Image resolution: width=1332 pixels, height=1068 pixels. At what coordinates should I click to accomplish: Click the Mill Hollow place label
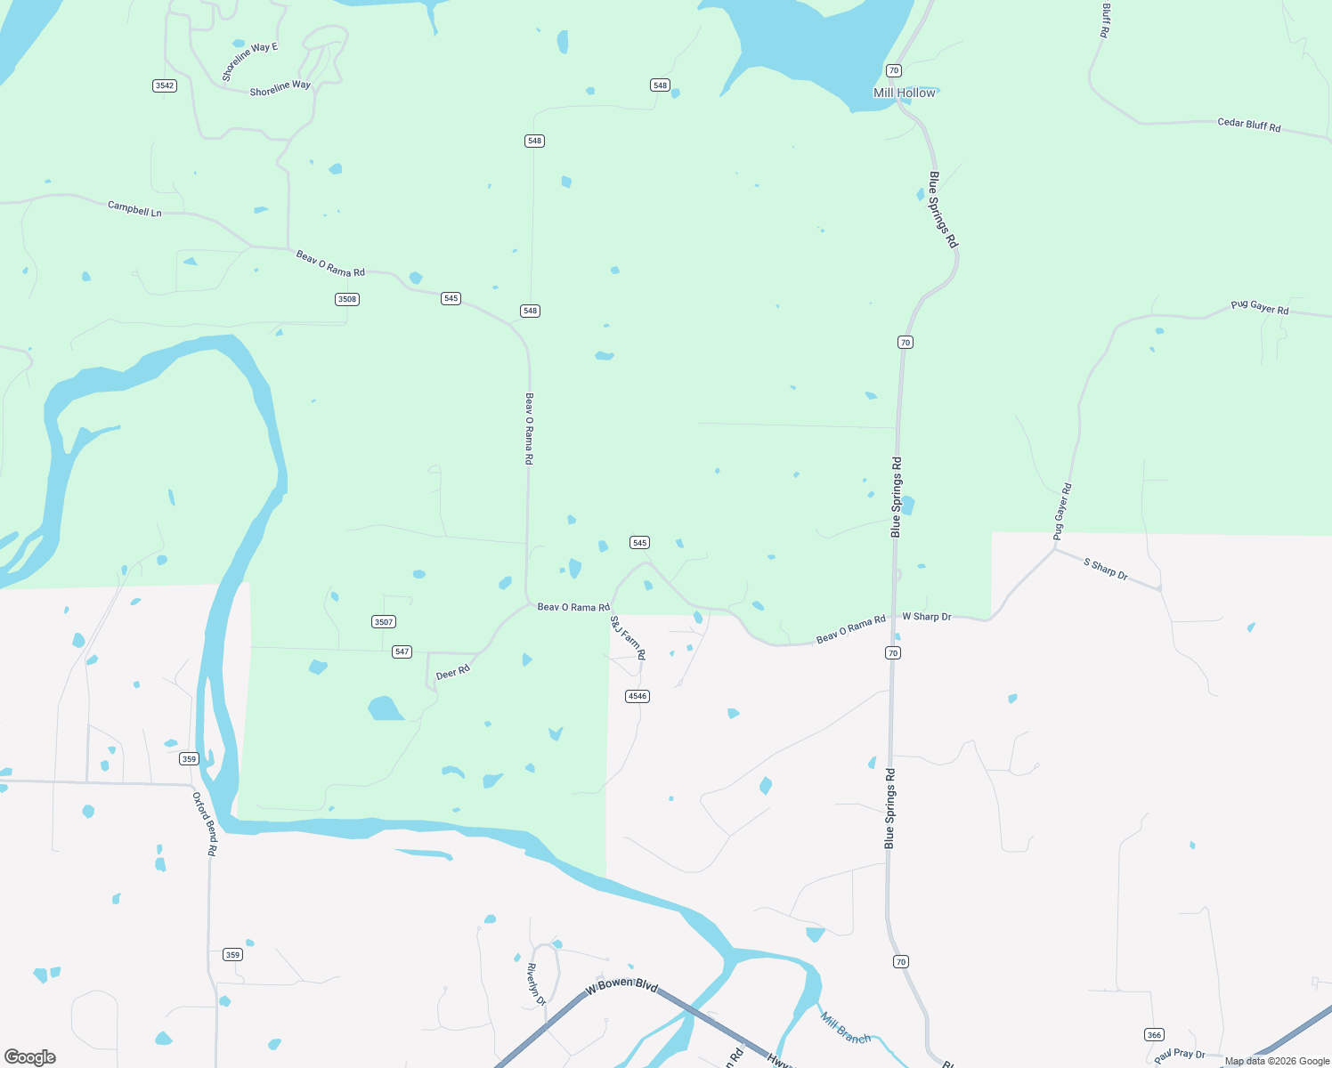[x=905, y=93]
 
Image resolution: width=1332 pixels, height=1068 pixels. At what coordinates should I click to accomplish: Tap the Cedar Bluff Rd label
[x=1248, y=125]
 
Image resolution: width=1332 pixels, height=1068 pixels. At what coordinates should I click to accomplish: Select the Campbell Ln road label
[x=134, y=209]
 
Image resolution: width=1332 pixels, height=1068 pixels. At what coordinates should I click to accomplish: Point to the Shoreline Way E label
[x=250, y=61]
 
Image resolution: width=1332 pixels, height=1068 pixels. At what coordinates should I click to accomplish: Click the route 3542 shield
[x=164, y=85]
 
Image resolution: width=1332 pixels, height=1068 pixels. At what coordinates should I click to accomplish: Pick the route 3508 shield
[x=347, y=299]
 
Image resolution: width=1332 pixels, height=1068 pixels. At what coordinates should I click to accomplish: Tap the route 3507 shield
[x=384, y=622]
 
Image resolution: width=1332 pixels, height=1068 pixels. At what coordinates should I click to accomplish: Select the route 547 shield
[x=402, y=651]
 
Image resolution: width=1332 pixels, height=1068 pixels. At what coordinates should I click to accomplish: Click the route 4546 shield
[x=638, y=696]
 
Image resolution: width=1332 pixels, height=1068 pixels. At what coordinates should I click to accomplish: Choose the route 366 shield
[x=1154, y=1034]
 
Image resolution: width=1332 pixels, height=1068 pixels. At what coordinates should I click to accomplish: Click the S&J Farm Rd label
[x=628, y=637]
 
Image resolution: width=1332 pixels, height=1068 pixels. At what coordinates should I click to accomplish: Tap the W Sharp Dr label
[x=927, y=616]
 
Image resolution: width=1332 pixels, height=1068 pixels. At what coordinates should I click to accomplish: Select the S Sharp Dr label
[x=1105, y=570]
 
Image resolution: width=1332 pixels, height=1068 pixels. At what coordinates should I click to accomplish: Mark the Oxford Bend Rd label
[x=205, y=824]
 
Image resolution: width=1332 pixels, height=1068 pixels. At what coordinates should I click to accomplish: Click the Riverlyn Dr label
[x=535, y=984]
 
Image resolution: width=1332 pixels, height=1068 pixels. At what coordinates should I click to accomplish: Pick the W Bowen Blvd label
[x=621, y=985]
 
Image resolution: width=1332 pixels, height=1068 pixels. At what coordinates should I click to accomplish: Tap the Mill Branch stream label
[x=845, y=1028]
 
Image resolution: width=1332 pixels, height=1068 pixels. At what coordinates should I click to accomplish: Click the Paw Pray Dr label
[x=1179, y=1055]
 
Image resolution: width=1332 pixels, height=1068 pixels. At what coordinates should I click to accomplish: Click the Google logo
[x=30, y=1057]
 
